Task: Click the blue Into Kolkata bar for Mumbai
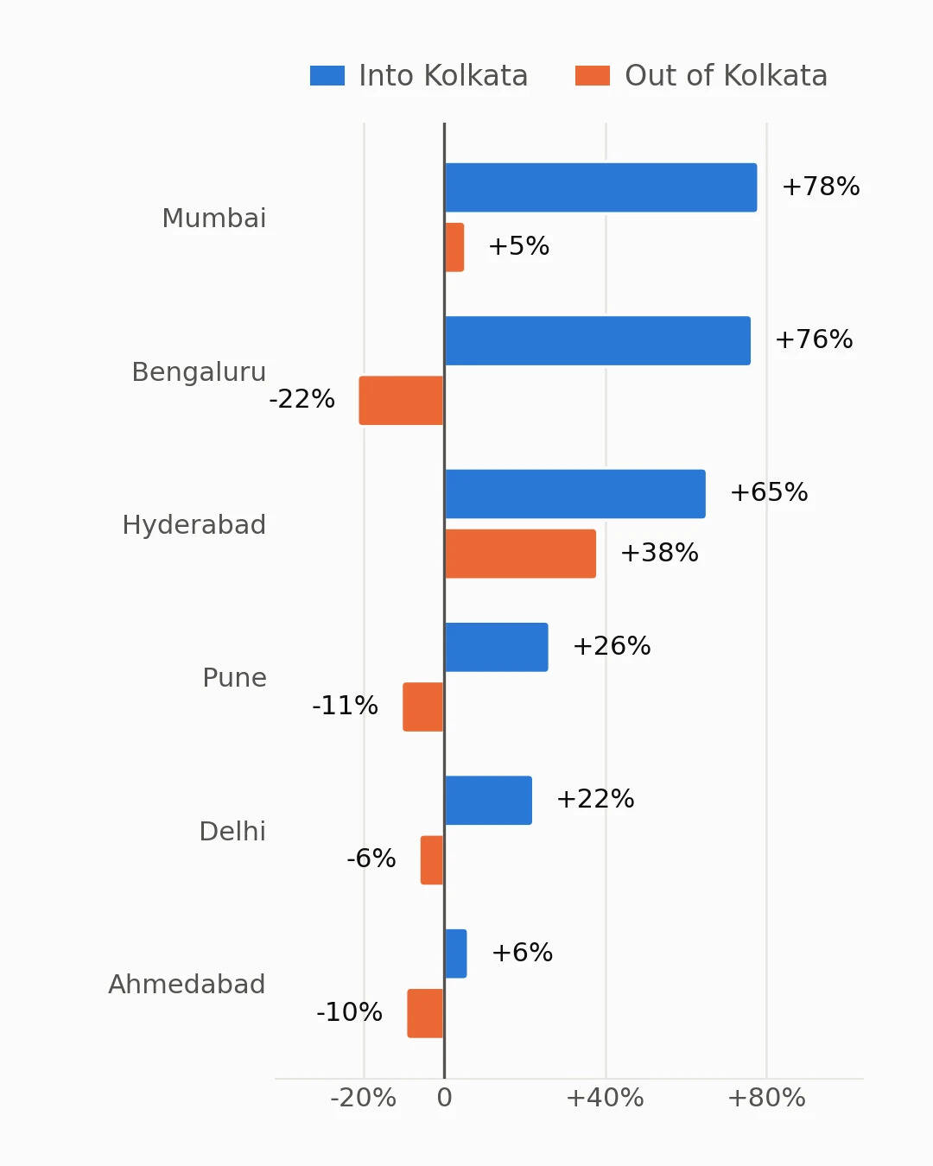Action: point(600,187)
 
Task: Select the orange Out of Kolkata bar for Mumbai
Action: point(454,247)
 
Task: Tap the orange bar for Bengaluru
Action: point(401,401)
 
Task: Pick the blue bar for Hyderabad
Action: point(575,494)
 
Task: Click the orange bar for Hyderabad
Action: point(520,554)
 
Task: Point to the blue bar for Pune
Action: point(497,647)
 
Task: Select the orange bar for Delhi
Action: point(432,860)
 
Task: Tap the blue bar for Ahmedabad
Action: point(456,954)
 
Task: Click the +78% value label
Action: point(821,187)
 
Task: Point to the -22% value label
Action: point(302,399)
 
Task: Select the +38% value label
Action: point(659,553)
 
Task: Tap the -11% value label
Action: point(345,706)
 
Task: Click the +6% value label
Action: point(522,953)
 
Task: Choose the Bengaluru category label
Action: point(199,372)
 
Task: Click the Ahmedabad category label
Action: point(187,985)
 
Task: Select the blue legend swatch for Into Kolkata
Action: point(327,75)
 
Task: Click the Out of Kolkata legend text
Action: point(726,75)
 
